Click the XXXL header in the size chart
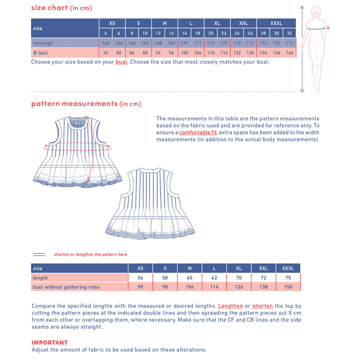click(276, 23)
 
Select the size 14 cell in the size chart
click(171, 33)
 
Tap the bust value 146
click(289, 53)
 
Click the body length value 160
click(105, 43)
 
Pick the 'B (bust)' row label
click(41, 53)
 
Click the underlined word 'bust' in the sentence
click(121, 62)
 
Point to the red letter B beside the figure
click(328, 28)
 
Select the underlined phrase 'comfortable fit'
click(198, 132)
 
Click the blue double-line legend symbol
click(39, 255)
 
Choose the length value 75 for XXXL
click(288, 278)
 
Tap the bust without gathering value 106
click(190, 287)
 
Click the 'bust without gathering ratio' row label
click(66, 287)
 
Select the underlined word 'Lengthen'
click(230, 306)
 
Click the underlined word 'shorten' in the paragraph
click(262, 306)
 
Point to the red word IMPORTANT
click(50, 342)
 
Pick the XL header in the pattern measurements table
click(239, 268)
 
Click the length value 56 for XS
click(140, 278)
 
